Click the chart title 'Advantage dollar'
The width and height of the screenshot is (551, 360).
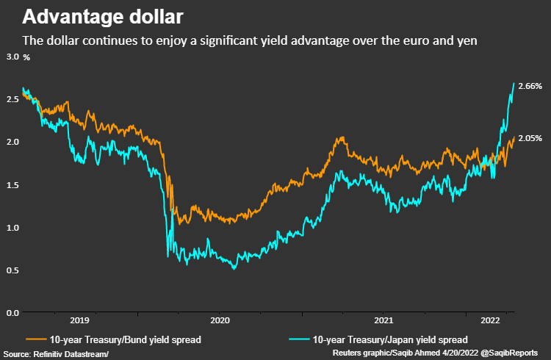(103, 17)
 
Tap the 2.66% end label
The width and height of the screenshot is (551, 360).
(530, 86)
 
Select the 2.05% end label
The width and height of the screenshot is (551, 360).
(530, 139)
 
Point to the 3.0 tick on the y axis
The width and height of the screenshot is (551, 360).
(12, 57)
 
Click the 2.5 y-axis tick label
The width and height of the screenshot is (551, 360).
(12, 99)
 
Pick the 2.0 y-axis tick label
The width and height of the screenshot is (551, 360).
(12, 142)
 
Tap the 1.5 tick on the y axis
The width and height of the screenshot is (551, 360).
(12, 185)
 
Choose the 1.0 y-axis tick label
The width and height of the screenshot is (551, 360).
(12, 228)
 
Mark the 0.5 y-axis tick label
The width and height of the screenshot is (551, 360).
(12, 270)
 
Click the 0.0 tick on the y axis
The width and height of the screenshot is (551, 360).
(12, 313)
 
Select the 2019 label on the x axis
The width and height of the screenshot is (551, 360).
(80, 320)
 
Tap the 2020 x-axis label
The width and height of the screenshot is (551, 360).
(220, 320)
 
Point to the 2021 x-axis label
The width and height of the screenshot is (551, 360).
(383, 320)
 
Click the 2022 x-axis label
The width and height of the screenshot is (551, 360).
(490, 320)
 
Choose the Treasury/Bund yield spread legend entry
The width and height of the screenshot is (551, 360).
(113, 340)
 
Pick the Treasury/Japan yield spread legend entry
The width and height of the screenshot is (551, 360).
(378, 340)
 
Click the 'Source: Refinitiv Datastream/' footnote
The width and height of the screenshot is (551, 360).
(56, 354)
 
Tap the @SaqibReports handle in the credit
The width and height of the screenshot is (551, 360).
(509, 353)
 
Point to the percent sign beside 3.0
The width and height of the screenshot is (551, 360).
(26, 57)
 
